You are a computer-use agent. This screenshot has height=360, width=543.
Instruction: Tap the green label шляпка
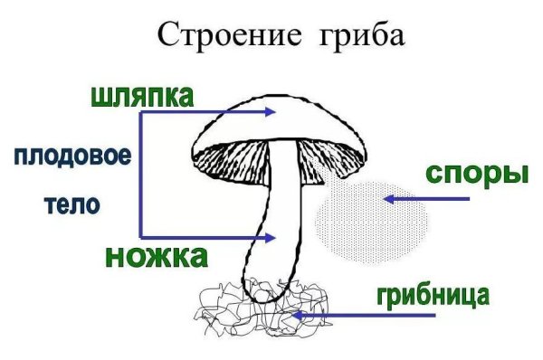[x=142, y=96]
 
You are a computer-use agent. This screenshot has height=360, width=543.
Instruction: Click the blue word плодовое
[x=72, y=156]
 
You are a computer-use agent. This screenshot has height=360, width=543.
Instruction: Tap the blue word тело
[x=72, y=204]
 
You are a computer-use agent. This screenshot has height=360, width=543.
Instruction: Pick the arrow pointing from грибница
[x=362, y=316]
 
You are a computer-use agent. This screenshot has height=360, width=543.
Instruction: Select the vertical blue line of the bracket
[x=139, y=175]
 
